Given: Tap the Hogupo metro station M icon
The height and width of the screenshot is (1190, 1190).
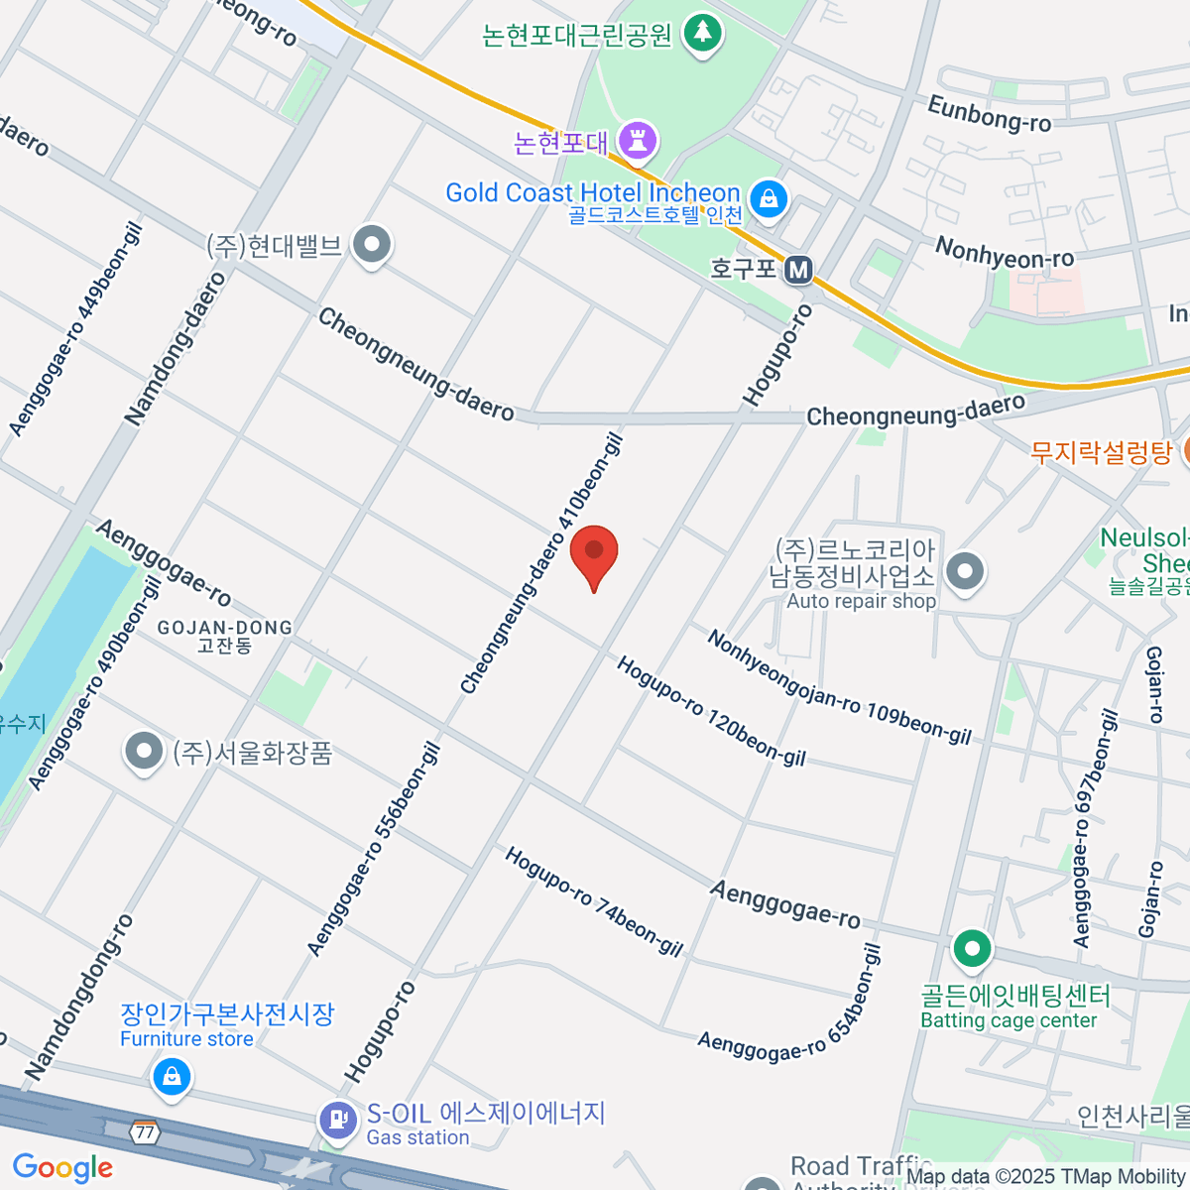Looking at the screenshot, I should (x=798, y=269).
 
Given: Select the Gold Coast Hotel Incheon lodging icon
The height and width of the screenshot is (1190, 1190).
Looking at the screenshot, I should (x=768, y=198).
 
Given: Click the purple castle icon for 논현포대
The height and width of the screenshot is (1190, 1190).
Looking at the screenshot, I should (x=638, y=140).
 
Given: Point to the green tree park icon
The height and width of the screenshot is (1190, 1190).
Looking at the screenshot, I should (x=703, y=33).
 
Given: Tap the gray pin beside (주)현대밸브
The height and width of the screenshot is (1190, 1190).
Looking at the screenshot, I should (x=373, y=244).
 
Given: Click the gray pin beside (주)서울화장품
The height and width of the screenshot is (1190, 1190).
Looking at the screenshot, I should (x=144, y=751).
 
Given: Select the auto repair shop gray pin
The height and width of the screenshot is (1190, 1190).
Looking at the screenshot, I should (x=964, y=571).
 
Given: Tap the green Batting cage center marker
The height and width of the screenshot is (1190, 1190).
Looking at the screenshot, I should (x=972, y=949).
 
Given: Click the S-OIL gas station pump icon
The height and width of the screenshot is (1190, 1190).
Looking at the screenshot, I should (x=339, y=1121).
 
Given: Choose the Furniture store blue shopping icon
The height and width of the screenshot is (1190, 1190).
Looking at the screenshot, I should (x=172, y=1075).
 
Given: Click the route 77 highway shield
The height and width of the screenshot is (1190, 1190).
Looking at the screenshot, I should (x=146, y=1131).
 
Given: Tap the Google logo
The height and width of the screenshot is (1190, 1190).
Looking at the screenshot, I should (x=62, y=1168).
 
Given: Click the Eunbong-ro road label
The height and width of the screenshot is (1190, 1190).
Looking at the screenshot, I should (x=989, y=113).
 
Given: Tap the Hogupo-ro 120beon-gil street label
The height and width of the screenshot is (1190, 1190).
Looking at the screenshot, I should (x=711, y=711).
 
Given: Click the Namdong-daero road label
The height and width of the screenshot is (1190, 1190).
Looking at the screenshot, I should (x=176, y=349).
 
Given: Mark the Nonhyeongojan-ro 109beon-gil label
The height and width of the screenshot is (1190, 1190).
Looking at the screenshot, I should (x=838, y=687).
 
